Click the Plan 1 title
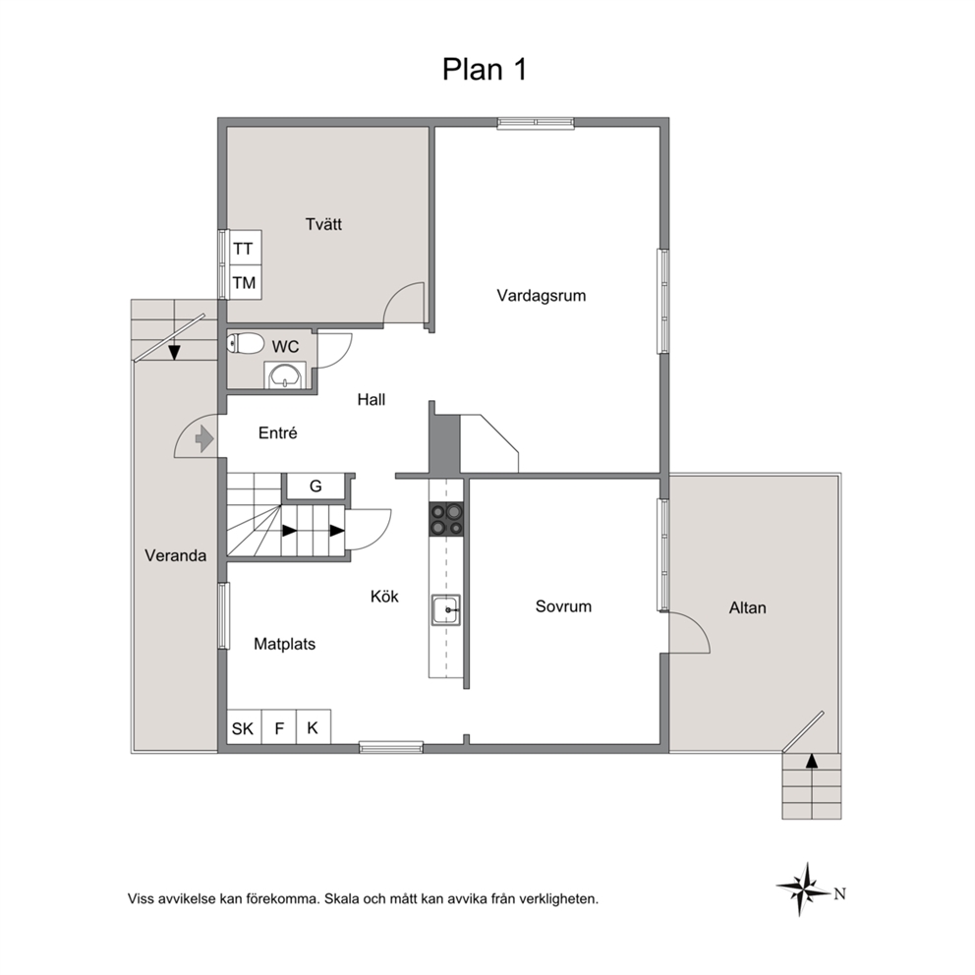[485, 69]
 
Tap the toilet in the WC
[246, 343]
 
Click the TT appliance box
[244, 248]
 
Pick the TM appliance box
[244, 282]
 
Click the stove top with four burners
[447, 519]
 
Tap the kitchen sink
[446, 610]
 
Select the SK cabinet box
[244, 727]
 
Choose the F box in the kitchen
[279, 727]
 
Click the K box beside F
[313, 727]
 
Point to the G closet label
[315, 487]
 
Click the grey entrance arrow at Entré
[204, 439]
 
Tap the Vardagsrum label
[541, 296]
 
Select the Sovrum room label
[563, 606]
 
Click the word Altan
[747, 607]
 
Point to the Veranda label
[175, 555]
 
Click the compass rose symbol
[803, 889]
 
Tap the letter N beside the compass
[840, 894]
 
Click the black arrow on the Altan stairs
[812, 761]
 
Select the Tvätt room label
[323, 224]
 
